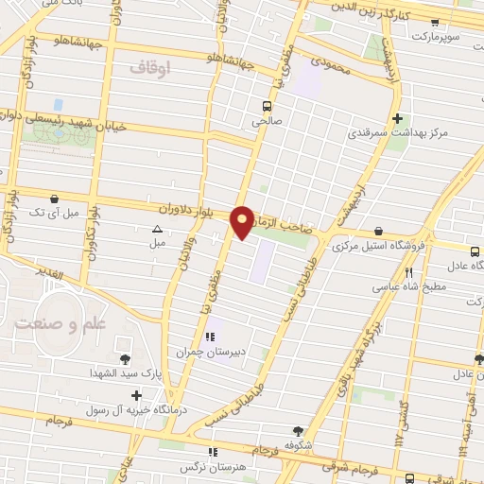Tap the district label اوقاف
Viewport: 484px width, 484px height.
149,69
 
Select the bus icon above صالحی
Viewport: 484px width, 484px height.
267,106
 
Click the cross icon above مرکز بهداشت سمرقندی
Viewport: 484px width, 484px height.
398,119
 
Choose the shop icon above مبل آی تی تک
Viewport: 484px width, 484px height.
56,200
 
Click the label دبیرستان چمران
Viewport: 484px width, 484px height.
210,352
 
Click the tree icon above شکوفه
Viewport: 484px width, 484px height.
299,428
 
